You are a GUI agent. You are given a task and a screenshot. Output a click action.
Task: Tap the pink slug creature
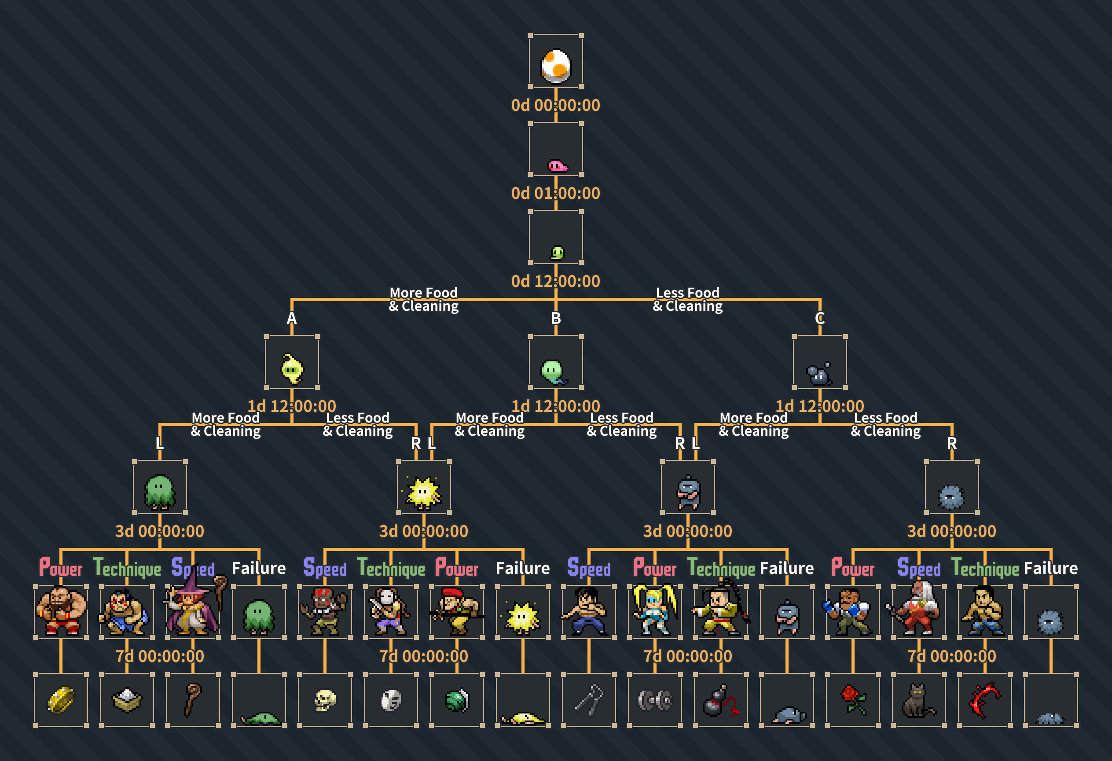tap(558, 166)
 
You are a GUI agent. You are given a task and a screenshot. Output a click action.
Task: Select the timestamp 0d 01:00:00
tap(555, 193)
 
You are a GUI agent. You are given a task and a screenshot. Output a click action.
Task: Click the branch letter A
tap(291, 318)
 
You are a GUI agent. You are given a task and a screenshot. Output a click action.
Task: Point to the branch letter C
tap(820, 318)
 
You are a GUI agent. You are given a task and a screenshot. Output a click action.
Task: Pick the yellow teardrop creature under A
tap(292, 368)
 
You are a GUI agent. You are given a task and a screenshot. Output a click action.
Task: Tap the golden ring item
tap(61, 700)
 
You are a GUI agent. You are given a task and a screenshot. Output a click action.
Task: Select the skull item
tap(325, 700)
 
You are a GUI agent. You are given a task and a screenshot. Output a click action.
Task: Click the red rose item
tap(853, 700)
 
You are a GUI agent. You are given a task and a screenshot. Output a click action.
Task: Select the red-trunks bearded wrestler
tap(61, 612)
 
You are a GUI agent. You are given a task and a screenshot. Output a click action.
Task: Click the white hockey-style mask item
tap(391, 700)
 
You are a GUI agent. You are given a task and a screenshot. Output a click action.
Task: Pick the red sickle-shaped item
tap(984, 700)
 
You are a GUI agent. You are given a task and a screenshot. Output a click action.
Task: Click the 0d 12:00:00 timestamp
tap(555, 281)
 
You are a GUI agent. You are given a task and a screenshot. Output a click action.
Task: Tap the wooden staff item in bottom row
tap(192, 700)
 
